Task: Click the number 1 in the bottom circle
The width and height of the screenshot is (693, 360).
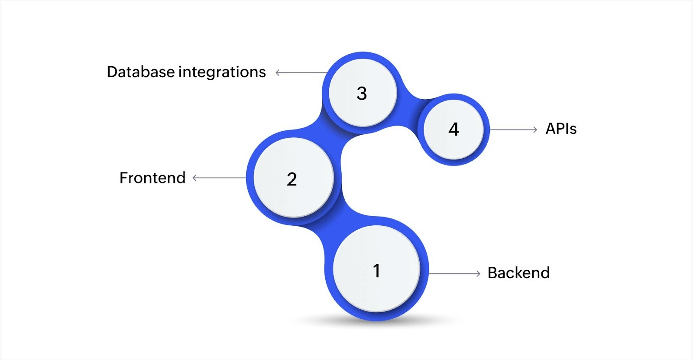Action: (376, 271)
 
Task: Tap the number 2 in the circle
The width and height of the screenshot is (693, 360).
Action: (292, 179)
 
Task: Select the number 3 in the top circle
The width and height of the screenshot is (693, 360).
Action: (362, 93)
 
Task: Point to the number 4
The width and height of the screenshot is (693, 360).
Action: (453, 129)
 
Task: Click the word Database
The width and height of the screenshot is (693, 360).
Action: (141, 72)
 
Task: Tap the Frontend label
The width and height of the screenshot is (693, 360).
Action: (152, 178)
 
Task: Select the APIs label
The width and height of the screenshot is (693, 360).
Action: (561, 129)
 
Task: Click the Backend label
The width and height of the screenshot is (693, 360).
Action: (518, 273)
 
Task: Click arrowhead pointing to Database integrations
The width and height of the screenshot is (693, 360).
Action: (278, 73)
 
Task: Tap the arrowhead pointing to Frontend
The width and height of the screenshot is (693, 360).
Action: (195, 178)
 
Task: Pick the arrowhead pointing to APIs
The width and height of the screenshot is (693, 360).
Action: (535, 130)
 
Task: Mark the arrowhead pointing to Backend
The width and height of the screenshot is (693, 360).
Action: (478, 273)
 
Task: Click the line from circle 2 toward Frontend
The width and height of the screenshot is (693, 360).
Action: (221, 178)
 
